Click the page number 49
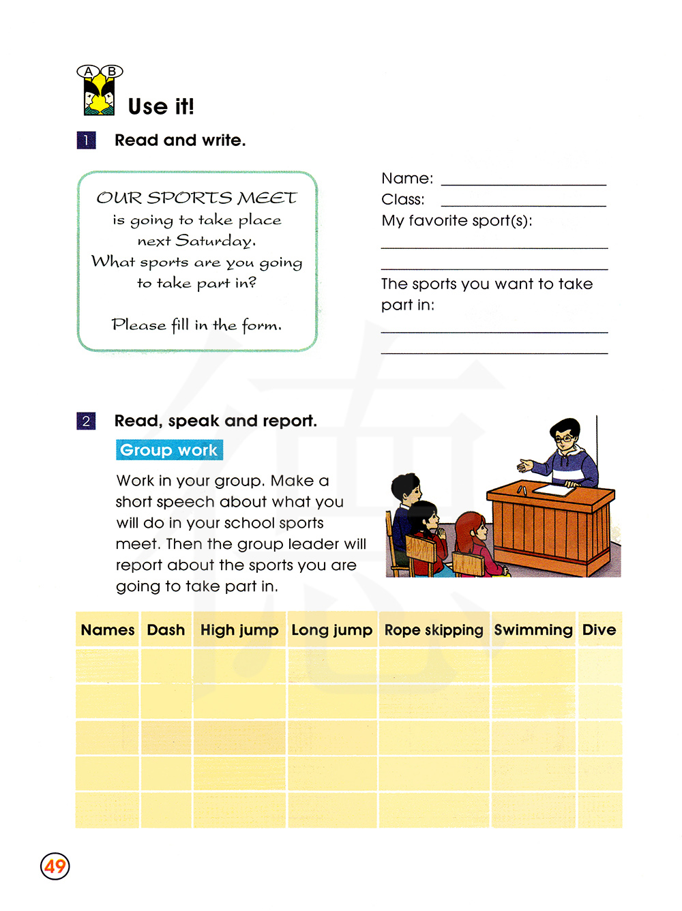point(55,866)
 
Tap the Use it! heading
point(161,106)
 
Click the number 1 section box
point(86,140)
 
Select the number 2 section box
point(86,421)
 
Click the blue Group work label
point(169,450)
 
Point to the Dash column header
point(166,630)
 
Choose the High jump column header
point(239,630)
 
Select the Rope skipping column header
point(434,630)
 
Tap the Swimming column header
point(533,630)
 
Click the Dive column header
point(599,630)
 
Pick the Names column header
point(108,630)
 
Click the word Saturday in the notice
point(215,241)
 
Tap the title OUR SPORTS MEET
point(196,198)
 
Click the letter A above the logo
point(88,71)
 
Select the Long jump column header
point(332,630)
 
